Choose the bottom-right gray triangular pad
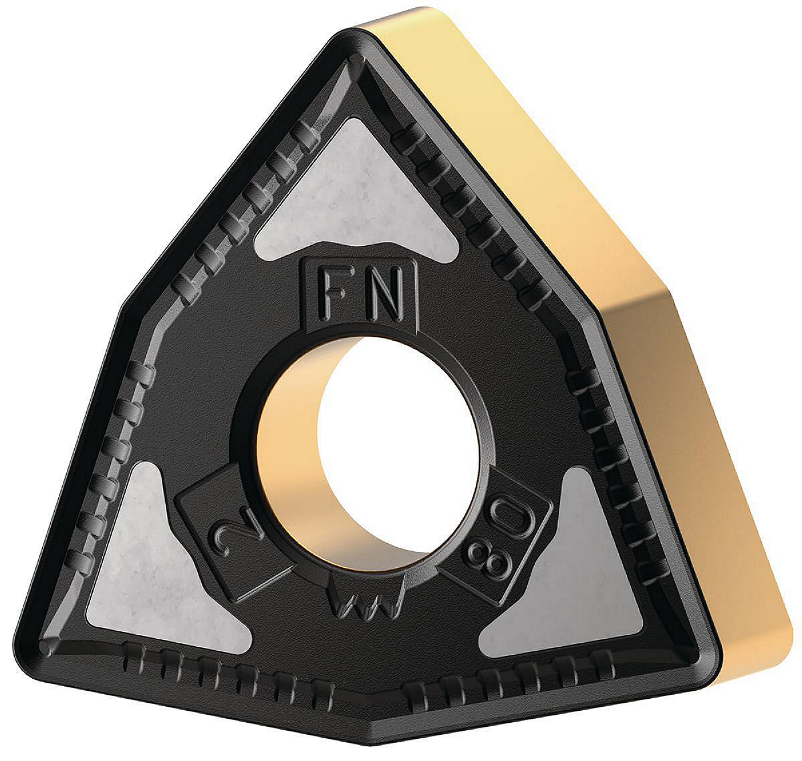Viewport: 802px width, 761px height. tap(566, 571)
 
